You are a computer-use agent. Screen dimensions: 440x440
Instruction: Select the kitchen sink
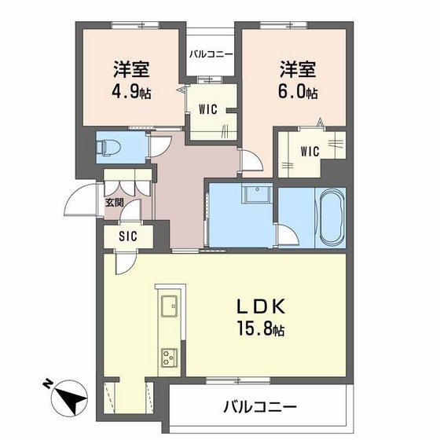pyautogui.click(x=169, y=306)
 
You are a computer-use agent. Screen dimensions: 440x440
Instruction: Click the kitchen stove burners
pyautogui.click(x=169, y=357)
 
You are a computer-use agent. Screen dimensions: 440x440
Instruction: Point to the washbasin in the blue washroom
pyautogui.click(x=257, y=193)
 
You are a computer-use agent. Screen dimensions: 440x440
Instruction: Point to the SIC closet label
pyautogui.click(x=128, y=236)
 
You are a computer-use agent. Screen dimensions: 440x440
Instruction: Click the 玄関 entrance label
pyautogui.click(x=115, y=203)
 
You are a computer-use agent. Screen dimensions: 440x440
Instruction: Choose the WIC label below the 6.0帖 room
pyautogui.click(x=310, y=151)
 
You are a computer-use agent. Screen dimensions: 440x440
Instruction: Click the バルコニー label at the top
pyautogui.click(x=211, y=55)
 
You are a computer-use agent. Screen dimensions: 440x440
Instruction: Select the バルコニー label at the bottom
pyautogui.click(x=259, y=408)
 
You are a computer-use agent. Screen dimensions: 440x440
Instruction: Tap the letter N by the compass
pyautogui.click(x=47, y=384)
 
